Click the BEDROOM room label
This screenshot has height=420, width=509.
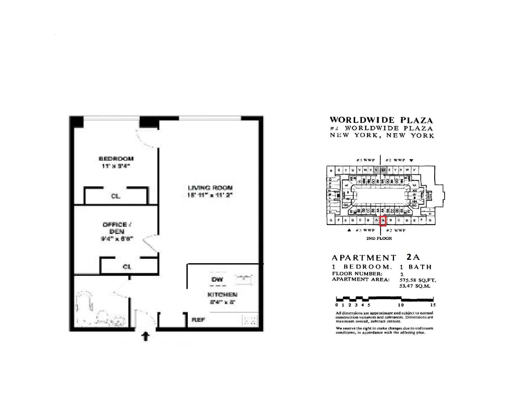(116, 159)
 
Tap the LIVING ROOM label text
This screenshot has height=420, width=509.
(210, 188)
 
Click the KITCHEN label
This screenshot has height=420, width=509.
(222, 295)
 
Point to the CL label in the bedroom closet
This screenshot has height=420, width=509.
(116, 196)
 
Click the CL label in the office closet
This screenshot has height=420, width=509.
(127, 267)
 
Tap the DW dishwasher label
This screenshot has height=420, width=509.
(217, 280)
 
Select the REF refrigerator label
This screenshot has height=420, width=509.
(198, 320)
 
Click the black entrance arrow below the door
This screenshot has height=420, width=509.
(146, 336)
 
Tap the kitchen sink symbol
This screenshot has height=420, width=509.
(244, 279)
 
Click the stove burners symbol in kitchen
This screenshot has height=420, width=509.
(250, 320)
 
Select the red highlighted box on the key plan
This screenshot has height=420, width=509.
(383, 221)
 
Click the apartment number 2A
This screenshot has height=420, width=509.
(413, 257)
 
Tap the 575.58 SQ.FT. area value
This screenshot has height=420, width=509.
(417, 280)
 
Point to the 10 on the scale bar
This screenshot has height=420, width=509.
(401, 305)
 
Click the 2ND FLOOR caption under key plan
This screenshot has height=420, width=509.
(379, 238)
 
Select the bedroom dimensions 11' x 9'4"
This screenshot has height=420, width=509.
(116, 166)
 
